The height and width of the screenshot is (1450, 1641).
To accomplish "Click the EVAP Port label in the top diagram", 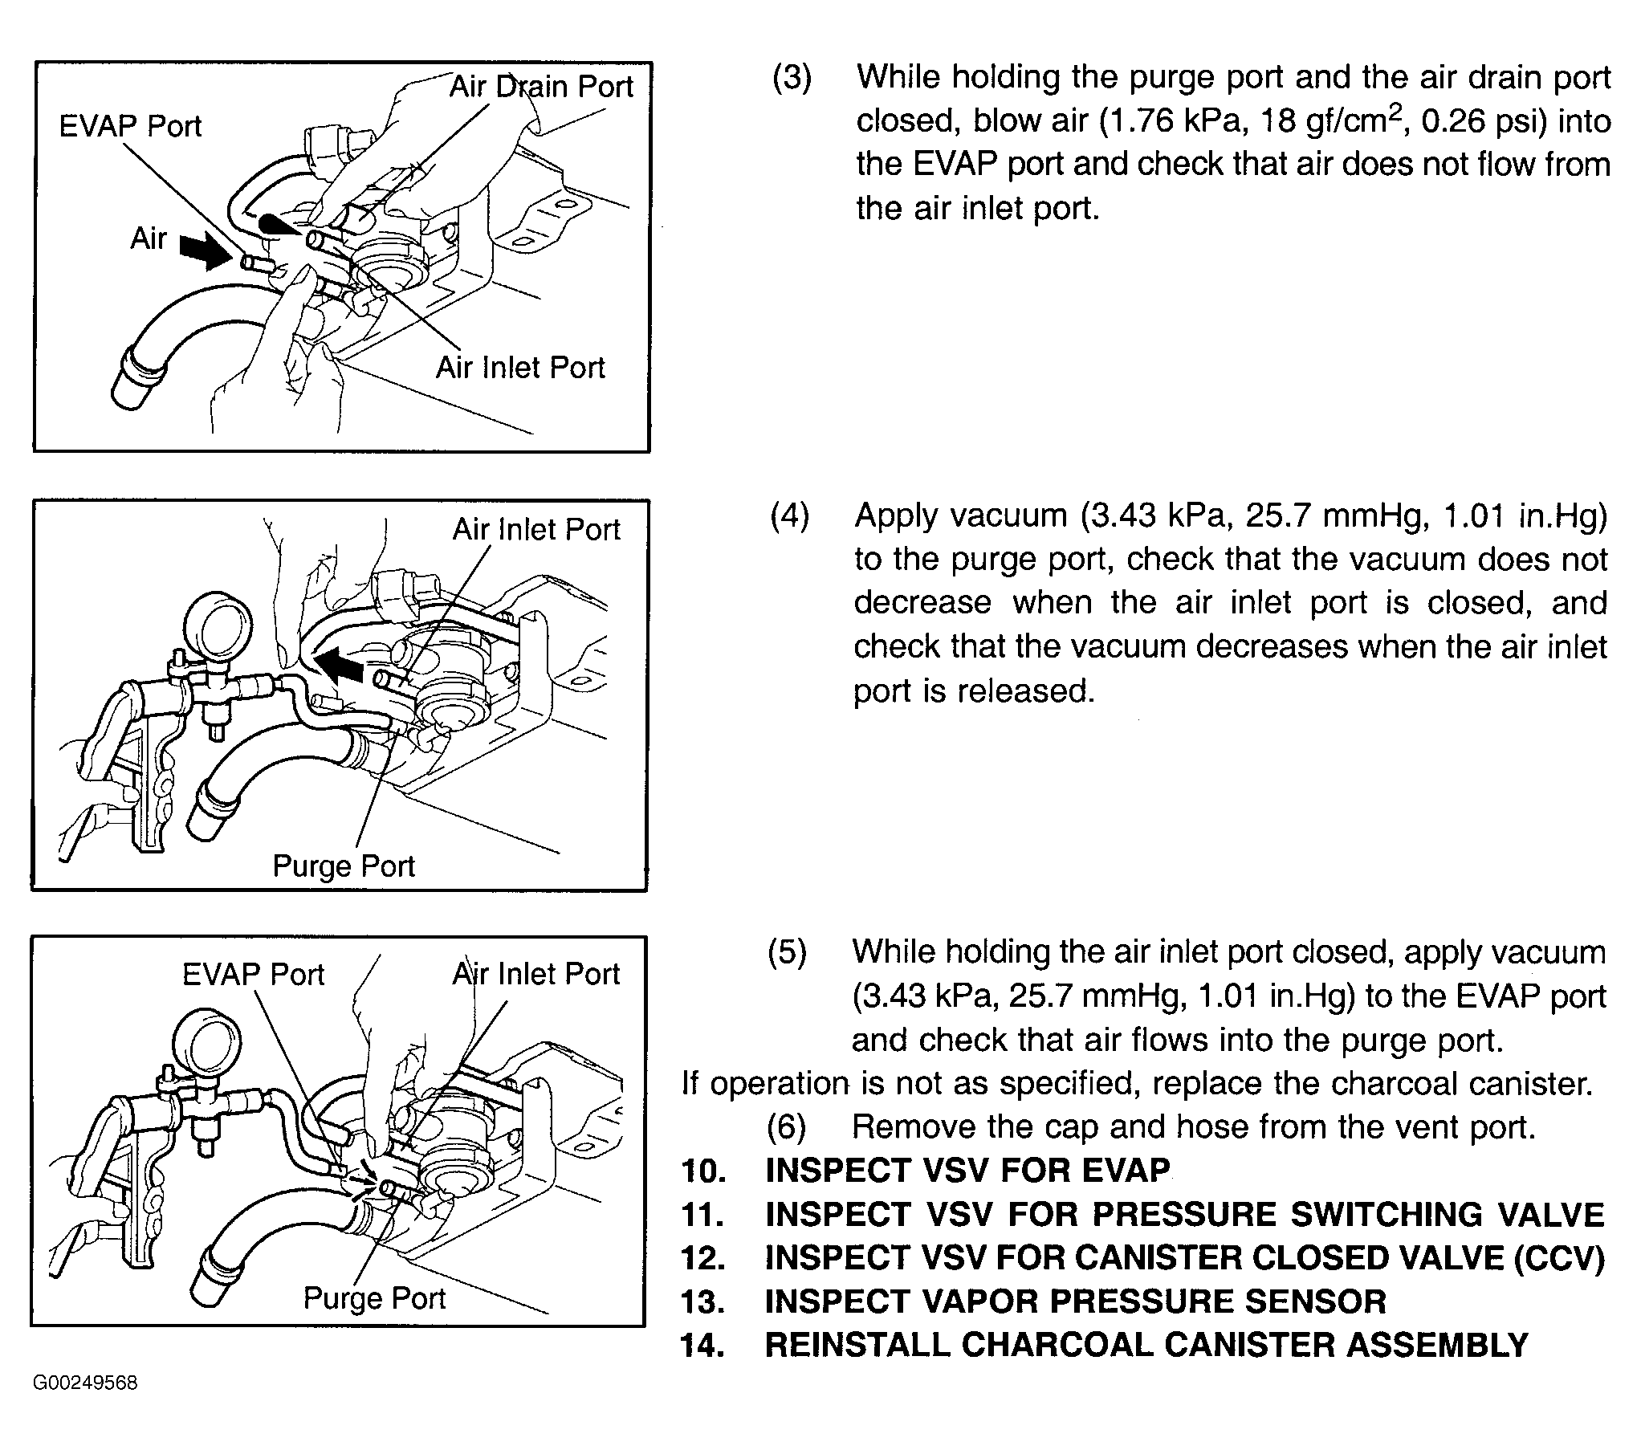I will (x=130, y=127).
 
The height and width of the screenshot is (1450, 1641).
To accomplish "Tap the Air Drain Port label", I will (x=541, y=87).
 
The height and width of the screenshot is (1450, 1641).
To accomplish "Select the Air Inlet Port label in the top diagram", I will (x=520, y=368).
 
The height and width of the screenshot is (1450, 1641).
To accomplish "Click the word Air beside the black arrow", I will (x=149, y=238).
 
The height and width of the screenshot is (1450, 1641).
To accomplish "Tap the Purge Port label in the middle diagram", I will (x=344, y=866).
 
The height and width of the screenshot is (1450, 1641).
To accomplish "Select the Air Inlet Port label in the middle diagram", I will (x=536, y=530).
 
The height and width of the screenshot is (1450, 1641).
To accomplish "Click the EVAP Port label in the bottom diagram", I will (x=253, y=975).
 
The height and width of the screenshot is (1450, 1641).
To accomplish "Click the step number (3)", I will (x=792, y=78).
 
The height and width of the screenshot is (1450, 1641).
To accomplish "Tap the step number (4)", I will (x=790, y=515).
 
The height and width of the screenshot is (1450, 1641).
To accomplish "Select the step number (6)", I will (x=787, y=1127).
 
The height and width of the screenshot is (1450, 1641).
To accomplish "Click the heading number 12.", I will (x=702, y=1258).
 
